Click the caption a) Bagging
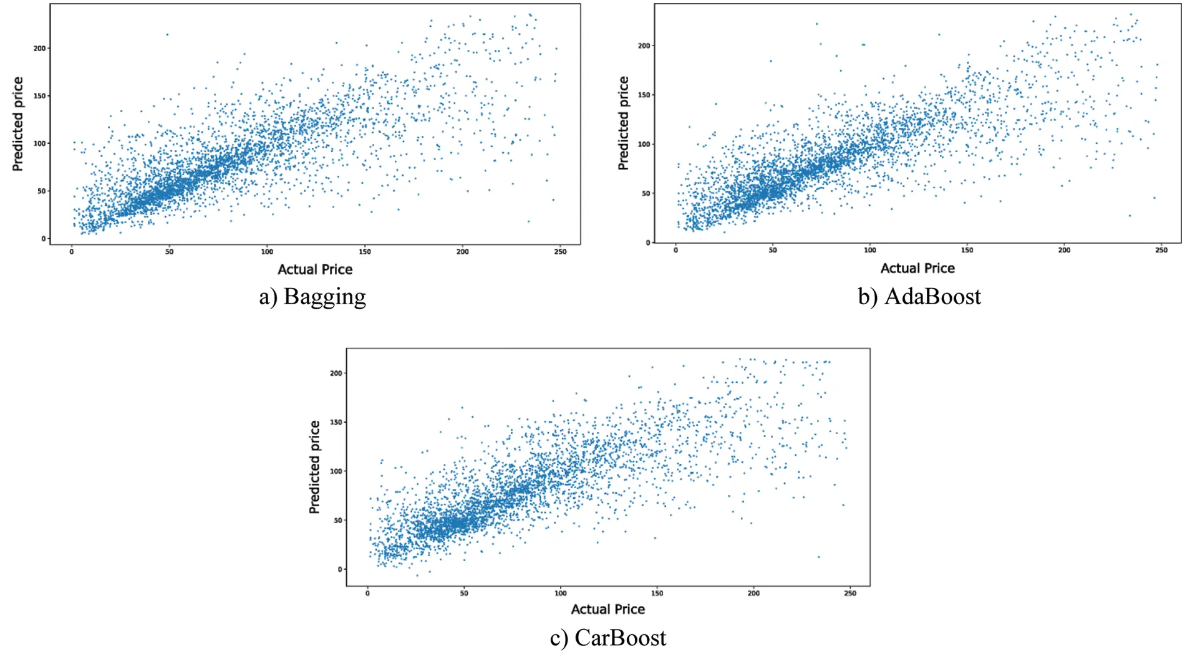312,297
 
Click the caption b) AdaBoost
919,297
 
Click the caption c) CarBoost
608,638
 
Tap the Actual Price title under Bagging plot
315,269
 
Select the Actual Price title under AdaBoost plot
917,268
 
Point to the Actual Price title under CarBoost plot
608,609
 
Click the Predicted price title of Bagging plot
18,123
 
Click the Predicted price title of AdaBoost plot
623,123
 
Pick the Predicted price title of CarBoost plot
314,467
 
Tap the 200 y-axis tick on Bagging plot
39,48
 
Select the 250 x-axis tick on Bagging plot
560,252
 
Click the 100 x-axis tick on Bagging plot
267,252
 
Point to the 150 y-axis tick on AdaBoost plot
644,95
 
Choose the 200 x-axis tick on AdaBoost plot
1064,250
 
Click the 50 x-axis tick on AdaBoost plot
773,250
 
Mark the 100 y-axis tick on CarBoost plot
336,471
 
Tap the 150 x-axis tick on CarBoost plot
657,594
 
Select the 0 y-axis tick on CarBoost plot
340,569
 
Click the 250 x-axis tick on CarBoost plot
850,594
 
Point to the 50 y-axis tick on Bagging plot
41,191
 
